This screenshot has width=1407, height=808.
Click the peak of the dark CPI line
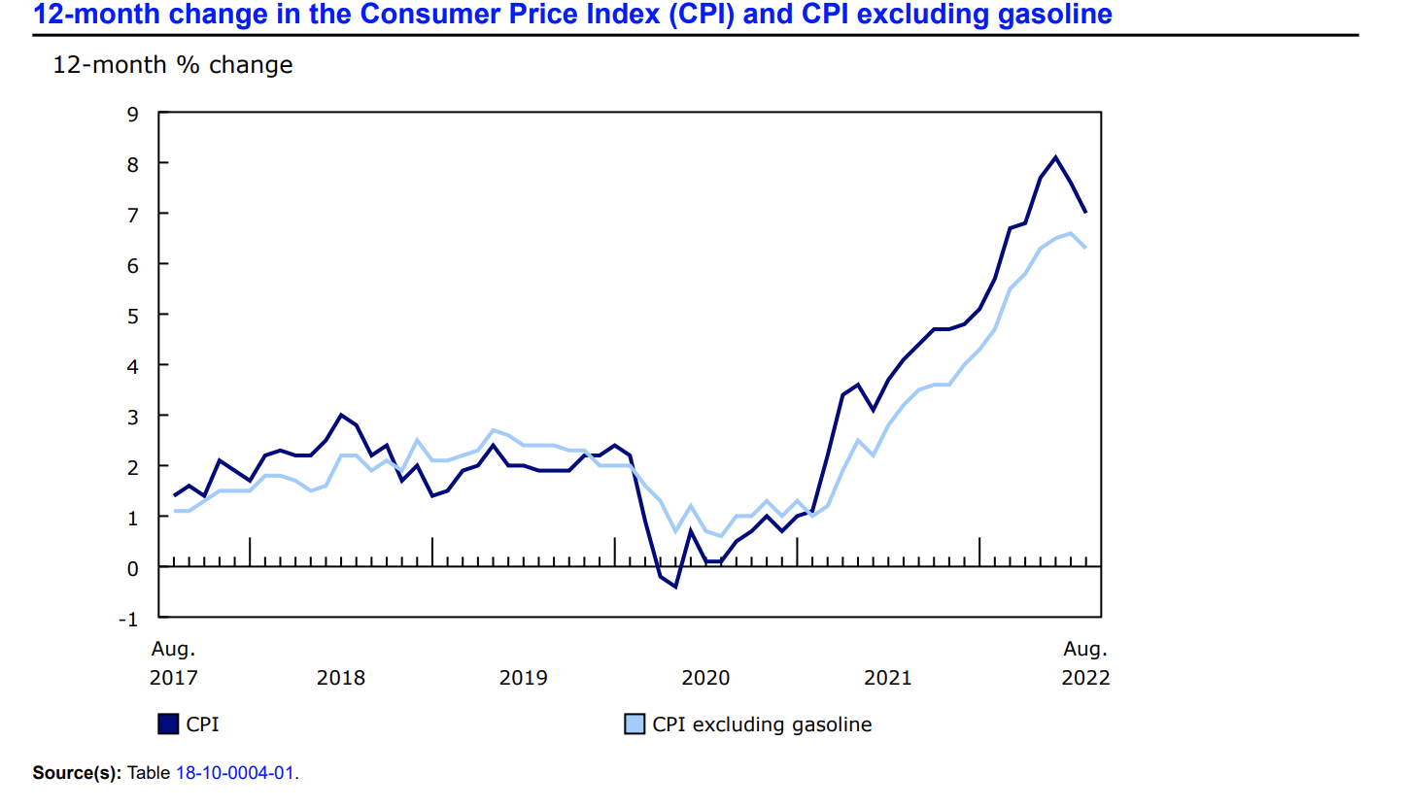pos(1055,157)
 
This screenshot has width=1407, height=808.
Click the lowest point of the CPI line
pos(675,587)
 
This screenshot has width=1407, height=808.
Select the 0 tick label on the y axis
pos(134,567)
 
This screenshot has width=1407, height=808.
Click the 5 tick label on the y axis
pos(134,315)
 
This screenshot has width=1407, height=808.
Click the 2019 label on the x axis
pos(523,678)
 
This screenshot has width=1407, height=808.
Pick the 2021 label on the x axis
pos(888,678)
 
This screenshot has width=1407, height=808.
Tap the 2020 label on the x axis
pos(705,678)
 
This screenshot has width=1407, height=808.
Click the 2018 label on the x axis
pos(341,678)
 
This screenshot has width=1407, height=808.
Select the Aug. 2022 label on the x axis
pos(1085,663)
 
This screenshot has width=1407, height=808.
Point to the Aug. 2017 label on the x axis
pos(173,663)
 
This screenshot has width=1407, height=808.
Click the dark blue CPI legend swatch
pos(167,724)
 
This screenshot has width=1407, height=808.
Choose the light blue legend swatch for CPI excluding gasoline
pos(634,724)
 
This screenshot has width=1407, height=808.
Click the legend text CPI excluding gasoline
pos(762,724)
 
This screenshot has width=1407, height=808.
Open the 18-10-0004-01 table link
pos(236,773)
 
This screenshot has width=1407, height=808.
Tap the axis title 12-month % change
pos(172,65)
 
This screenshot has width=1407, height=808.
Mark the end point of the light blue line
pos(1085,248)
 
